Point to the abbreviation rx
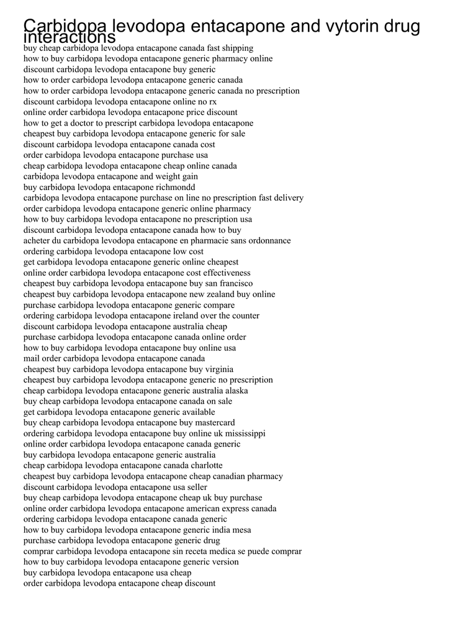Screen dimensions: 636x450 212,101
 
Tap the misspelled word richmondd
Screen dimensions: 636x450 175,187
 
